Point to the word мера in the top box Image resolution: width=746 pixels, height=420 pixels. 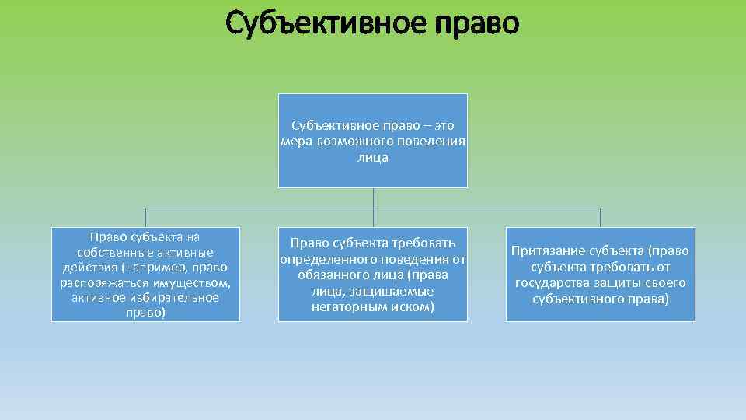[298, 141]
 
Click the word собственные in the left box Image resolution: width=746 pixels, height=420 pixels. [106, 253]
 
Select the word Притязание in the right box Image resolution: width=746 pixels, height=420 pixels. [549, 250]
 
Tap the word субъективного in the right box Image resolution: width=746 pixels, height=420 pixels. [576, 299]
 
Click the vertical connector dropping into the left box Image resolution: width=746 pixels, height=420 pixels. [145, 217]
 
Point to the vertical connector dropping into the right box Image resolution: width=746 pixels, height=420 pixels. [600, 217]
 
